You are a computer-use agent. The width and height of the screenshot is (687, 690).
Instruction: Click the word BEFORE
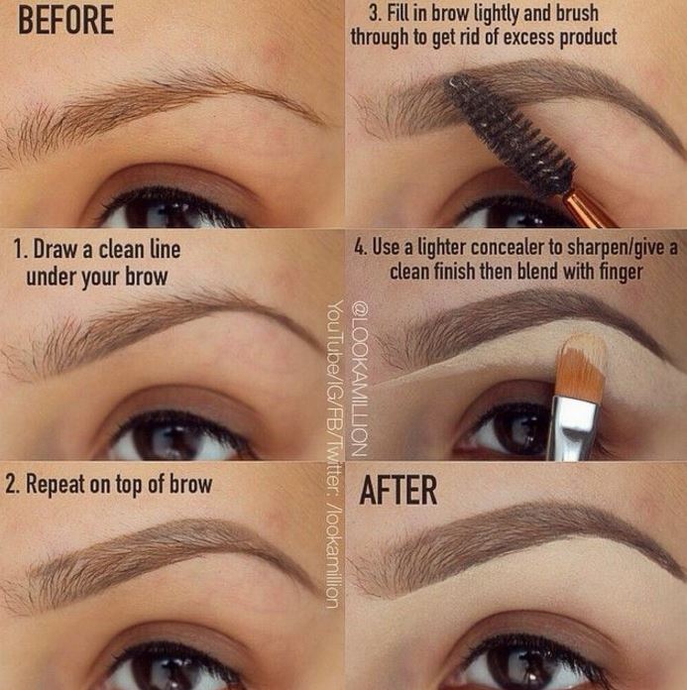coord(66,21)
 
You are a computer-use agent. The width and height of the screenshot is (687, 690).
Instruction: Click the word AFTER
coord(399,490)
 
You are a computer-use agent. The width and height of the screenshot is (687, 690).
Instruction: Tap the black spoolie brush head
coord(512,132)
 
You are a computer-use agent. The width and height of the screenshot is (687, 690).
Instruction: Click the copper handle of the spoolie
coord(588,209)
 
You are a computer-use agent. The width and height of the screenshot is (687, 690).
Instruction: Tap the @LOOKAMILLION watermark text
coord(358,379)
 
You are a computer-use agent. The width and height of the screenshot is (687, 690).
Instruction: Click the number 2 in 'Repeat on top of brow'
coord(11,485)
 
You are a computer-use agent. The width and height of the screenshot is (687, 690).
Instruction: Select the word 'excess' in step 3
coord(529,38)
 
